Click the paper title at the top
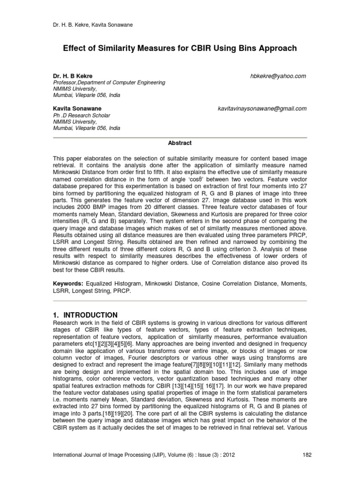point(180,48)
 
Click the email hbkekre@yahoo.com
point(278,76)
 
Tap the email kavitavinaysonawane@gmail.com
point(262,108)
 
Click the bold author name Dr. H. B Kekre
point(72,76)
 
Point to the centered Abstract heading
point(180,143)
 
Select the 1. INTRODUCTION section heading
point(85,315)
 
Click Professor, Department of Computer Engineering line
point(108,82)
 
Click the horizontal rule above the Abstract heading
point(180,137)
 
